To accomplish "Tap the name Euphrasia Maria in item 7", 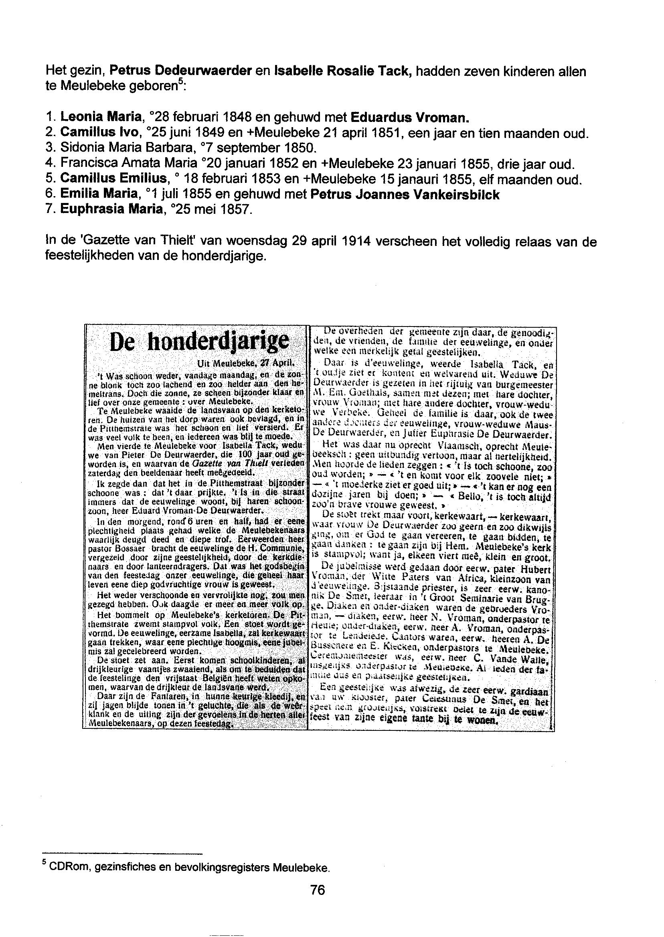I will pyautogui.click(x=109, y=210).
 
